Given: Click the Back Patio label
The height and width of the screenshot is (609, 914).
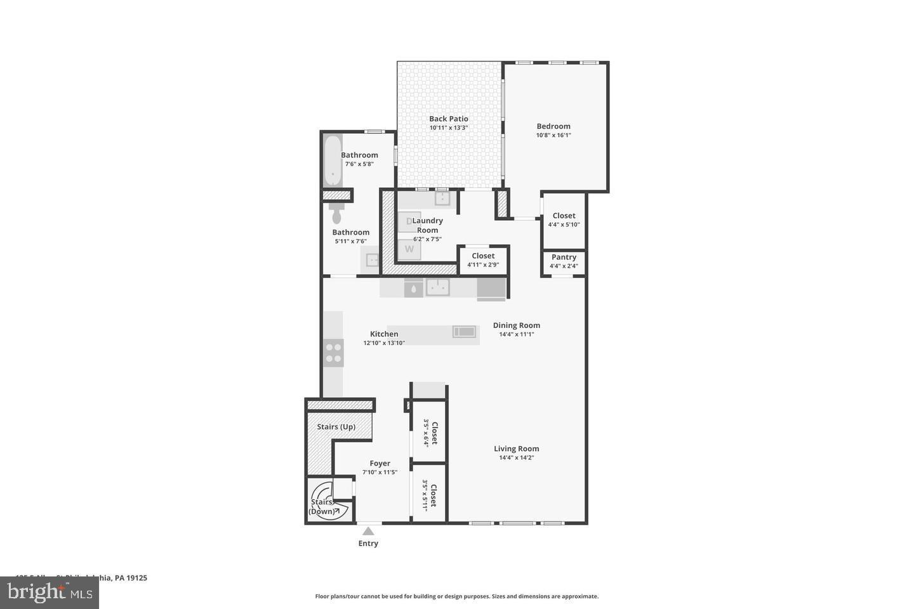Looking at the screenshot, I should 448,119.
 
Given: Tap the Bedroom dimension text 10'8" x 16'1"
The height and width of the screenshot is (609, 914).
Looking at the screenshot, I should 553,135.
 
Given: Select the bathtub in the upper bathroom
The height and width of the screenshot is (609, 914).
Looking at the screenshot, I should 333,160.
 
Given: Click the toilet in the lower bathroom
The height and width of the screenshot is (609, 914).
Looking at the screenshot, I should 337,213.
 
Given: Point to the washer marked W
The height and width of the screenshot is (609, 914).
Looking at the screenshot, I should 409,249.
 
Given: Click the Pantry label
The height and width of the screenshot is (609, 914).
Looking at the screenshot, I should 564,257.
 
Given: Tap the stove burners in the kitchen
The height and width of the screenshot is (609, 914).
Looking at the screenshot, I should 333,353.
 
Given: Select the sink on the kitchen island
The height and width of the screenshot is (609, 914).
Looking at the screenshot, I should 464,332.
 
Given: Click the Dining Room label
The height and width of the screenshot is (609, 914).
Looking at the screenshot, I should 516,325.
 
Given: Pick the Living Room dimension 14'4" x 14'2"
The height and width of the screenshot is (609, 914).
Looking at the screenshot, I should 516,457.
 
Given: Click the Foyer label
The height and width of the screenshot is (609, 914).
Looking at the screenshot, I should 380,464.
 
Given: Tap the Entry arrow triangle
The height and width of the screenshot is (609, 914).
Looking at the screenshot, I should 368,531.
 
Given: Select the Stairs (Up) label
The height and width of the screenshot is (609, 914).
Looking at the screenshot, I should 336,427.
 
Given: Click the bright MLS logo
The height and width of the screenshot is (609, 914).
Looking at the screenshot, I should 49,593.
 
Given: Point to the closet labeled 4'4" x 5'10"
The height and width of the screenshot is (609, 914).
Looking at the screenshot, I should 564,220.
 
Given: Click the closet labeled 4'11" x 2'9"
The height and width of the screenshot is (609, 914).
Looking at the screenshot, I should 483,260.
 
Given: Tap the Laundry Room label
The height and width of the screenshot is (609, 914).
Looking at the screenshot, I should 427,225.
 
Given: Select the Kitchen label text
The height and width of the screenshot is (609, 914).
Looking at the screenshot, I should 384,334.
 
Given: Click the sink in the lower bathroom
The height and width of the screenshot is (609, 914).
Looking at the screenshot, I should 372,259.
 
